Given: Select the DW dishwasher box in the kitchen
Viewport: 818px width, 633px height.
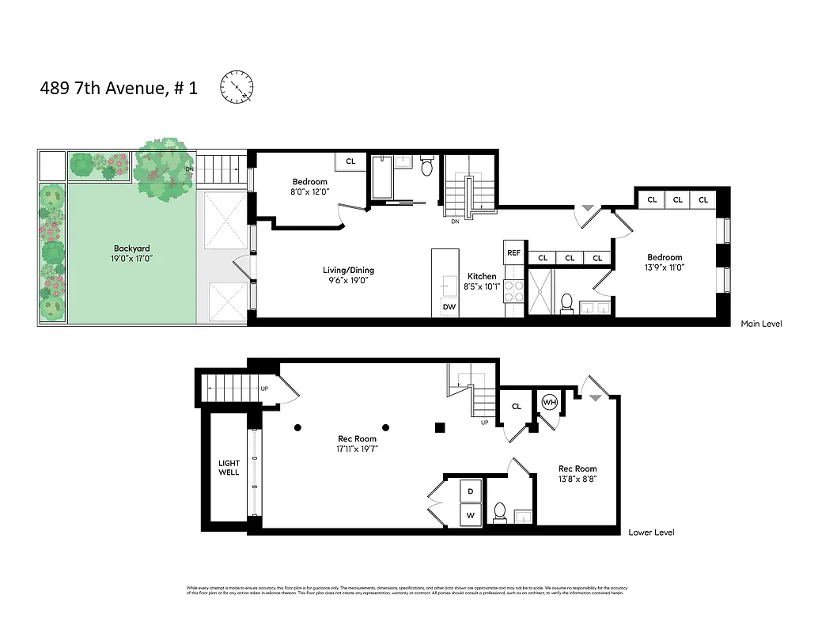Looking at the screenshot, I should (449, 306).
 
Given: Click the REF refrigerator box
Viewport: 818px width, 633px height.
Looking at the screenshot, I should (513, 252).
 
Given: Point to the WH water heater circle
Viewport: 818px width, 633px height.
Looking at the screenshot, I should (549, 403).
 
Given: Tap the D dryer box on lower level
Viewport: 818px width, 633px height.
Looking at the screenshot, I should (471, 491).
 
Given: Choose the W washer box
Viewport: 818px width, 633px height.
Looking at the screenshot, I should (471, 516).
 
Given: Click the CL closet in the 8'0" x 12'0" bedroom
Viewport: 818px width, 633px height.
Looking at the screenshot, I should (350, 161).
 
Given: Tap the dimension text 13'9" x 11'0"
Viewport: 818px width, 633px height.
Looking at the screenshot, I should (665, 267).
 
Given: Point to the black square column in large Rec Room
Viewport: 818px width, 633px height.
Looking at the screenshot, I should (440, 427).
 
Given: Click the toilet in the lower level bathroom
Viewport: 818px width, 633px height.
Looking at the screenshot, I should (500, 513).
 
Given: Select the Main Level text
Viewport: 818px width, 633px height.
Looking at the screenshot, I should (761, 324).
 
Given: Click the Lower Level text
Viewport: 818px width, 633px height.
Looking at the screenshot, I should (651, 533).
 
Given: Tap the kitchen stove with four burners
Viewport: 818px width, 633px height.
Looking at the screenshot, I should (513, 291).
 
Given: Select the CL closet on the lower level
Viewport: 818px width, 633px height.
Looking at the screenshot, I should (517, 406).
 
